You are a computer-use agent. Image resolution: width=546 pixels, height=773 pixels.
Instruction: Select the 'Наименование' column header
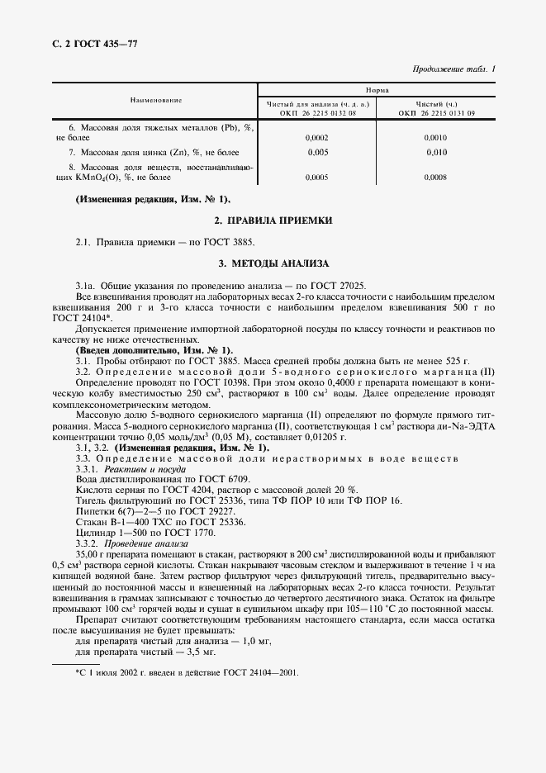[x=155, y=100]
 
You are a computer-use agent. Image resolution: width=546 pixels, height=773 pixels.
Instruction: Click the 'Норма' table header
[x=377, y=89]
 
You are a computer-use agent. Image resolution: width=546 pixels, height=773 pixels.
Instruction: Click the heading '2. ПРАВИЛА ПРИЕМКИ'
[x=273, y=221]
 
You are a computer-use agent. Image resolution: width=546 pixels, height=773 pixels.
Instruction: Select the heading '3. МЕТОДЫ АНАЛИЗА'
[x=273, y=263]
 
